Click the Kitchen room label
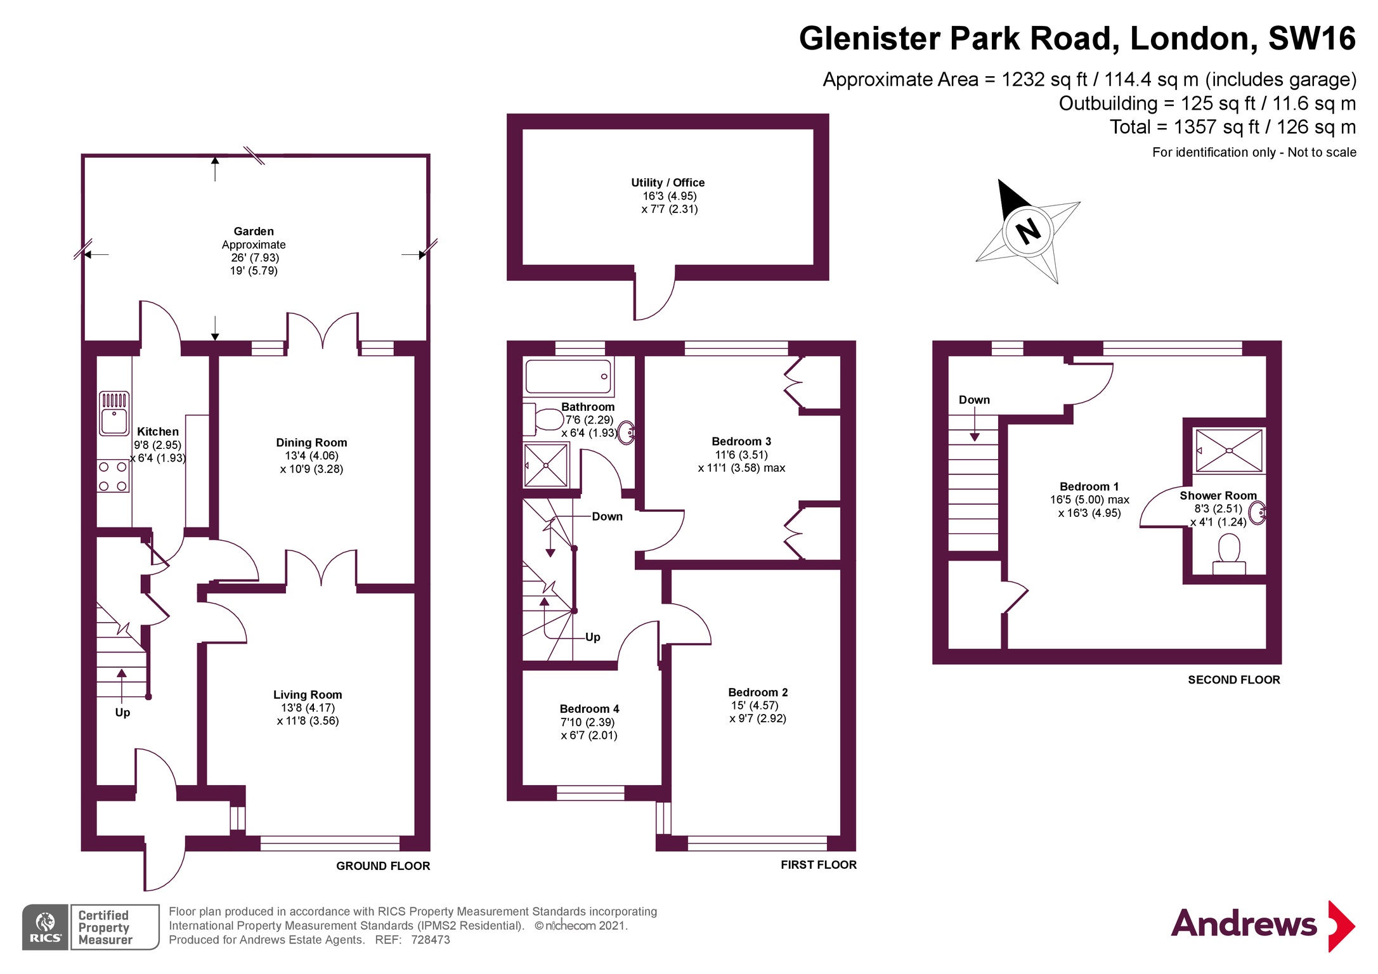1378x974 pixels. (x=158, y=432)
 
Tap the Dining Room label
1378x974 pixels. (x=311, y=443)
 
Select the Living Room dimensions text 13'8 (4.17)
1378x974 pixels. (x=308, y=708)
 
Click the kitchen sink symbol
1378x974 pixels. (x=114, y=413)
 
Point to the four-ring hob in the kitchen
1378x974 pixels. (x=113, y=477)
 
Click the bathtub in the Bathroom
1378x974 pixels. (x=568, y=377)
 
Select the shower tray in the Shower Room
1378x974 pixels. (x=1228, y=450)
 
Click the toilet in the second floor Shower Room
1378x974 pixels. (x=1229, y=552)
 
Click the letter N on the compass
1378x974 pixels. (x=1028, y=231)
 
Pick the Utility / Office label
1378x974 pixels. (x=668, y=183)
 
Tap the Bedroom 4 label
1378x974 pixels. (x=589, y=709)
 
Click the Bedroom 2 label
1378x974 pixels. (x=758, y=692)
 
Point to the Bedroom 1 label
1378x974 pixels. (x=1089, y=486)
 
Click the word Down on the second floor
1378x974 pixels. (x=974, y=400)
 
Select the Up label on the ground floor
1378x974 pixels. (x=122, y=712)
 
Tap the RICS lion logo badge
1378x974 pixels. (x=45, y=927)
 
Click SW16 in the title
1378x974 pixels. (x=1311, y=39)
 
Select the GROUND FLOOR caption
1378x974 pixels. (x=383, y=866)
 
